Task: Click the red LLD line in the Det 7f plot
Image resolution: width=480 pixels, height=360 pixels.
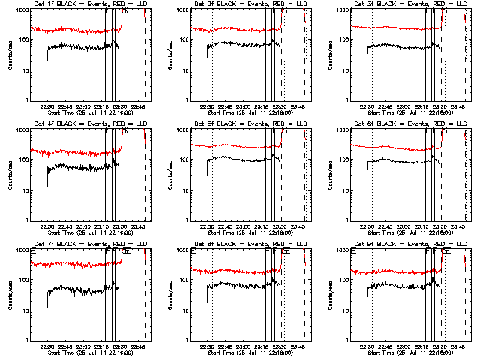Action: (x=75, y=263)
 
